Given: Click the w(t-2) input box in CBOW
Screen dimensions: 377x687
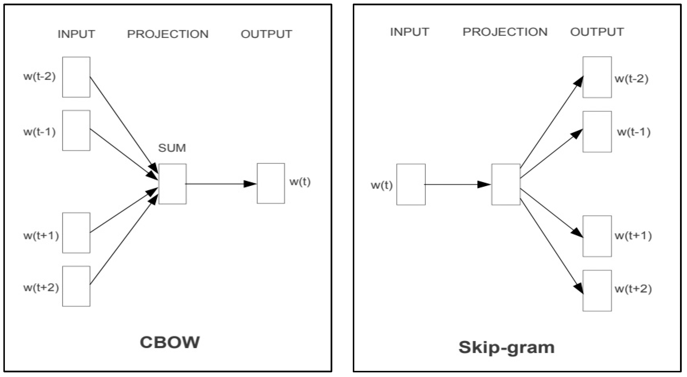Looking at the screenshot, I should pos(76,77).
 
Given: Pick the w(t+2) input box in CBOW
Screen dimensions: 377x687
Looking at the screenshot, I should pos(76,286).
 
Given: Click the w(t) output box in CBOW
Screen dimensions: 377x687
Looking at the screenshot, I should pos(271,184).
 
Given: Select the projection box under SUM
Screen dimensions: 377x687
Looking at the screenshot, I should pos(172,184).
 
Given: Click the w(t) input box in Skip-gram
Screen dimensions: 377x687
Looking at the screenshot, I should pos(411,184).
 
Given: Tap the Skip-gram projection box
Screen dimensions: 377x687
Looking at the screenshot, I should pos(506,184).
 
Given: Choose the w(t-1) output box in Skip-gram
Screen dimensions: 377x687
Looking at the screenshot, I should pos(597,132).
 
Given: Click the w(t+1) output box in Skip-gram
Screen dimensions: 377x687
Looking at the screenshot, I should pos(597,236).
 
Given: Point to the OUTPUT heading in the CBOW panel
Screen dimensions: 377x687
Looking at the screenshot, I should pos(266,34).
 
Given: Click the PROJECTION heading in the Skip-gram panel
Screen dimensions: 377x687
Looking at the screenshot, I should pos(505,32).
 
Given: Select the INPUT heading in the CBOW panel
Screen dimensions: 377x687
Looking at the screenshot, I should pos(76,34).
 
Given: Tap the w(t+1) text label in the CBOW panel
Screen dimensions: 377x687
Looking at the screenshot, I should pos(41,236).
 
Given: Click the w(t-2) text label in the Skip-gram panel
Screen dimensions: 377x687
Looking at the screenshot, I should pos(631,79).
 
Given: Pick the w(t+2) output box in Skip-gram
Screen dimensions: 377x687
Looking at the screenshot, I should pos(597,291).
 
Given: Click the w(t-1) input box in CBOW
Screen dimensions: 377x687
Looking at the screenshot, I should pos(76,130).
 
